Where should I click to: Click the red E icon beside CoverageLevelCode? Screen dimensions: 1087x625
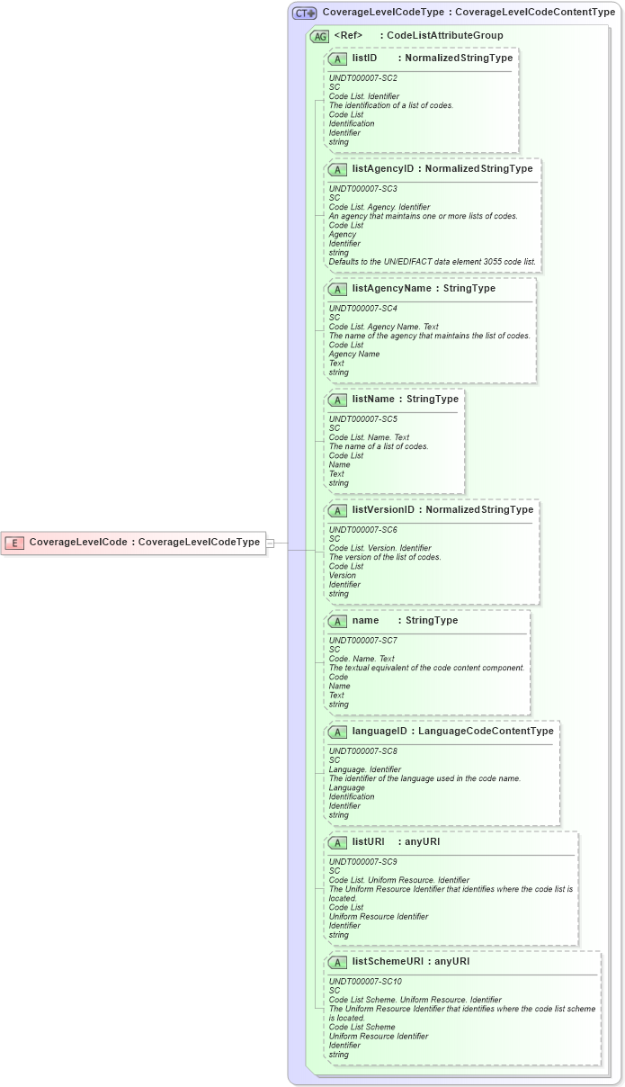(15, 543)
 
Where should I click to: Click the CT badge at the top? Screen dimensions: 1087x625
(304, 13)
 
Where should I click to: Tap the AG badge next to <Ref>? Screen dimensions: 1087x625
(319, 37)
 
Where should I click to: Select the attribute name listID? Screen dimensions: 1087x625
(364, 58)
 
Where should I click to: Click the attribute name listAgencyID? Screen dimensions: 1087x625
(383, 169)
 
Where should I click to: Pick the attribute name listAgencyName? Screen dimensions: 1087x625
(391, 289)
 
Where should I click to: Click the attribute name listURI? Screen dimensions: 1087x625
(369, 842)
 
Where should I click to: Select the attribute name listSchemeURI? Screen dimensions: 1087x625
(388, 962)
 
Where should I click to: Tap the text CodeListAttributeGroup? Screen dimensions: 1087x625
(444, 36)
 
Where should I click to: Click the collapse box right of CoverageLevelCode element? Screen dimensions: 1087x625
(271, 543)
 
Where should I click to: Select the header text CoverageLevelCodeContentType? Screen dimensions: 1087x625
(535, 13)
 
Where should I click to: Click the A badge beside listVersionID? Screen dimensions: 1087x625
(337, 510)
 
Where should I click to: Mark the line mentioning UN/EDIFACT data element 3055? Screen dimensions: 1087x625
(432, 262)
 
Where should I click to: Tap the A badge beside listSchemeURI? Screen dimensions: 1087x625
(337, 962)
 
